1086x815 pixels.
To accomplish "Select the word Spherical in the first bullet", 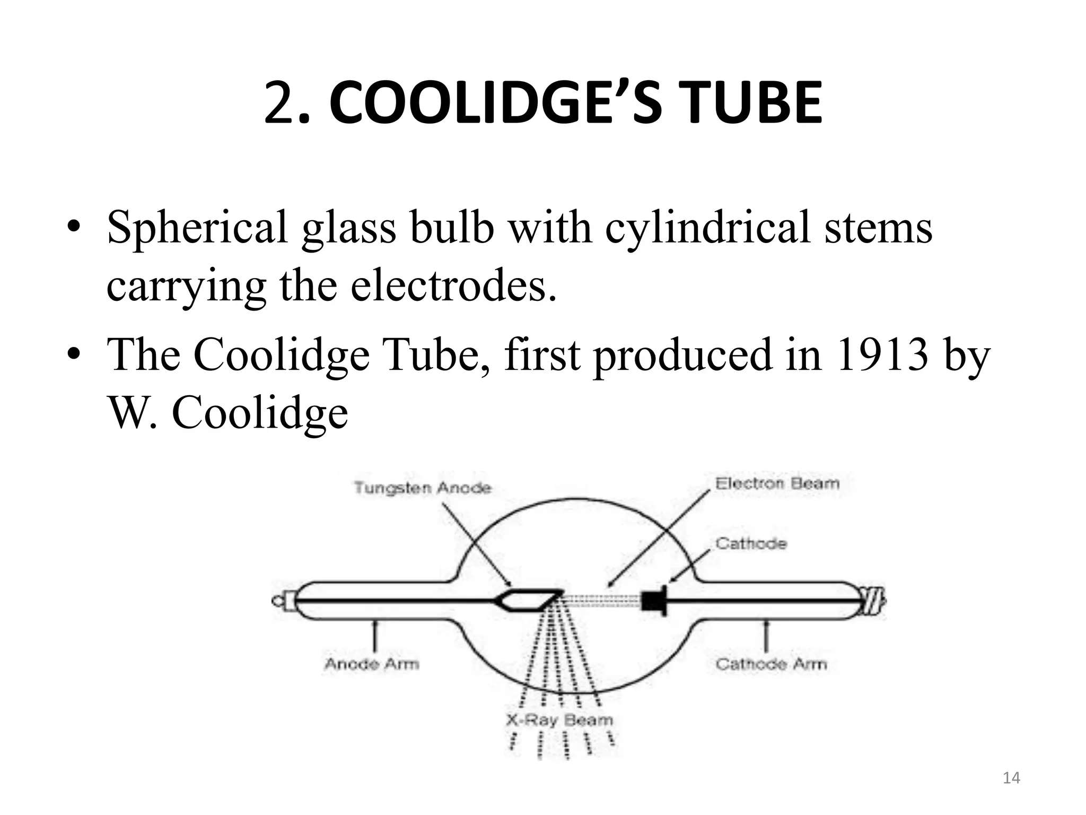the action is click(x=197, y=228).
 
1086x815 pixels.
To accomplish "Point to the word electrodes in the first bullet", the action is click(x=453, y=285).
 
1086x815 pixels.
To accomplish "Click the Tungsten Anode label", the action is click(x=423, y=487).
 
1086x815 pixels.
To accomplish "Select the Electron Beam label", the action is click(x=777, y=483).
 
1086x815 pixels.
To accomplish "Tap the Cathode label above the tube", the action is click(x=751, y=543).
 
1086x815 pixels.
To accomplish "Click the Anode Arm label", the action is click(x=372, y=663).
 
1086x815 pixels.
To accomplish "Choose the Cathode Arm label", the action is click(x=771, y=663).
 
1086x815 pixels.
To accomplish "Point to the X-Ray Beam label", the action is click(x=559, y=719).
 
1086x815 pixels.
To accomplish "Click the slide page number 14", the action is click(x=1012, y=778).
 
